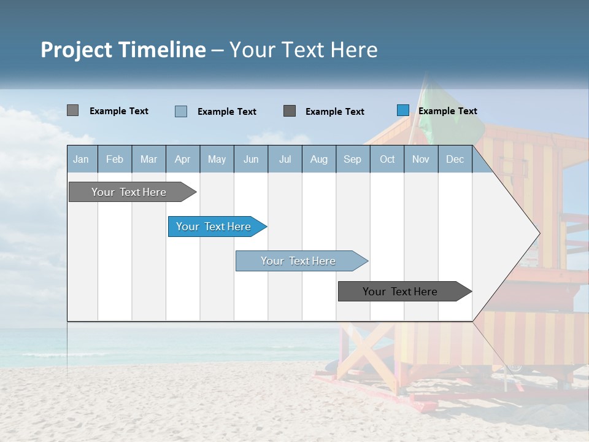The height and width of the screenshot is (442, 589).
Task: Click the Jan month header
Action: [81, 160]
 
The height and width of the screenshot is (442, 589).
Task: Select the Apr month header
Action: [182, 160]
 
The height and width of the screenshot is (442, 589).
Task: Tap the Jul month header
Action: [285, 160]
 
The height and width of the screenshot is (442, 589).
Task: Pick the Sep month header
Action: [352, 160]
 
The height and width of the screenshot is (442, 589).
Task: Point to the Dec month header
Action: [455, 160]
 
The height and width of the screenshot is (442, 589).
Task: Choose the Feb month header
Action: [115, 160]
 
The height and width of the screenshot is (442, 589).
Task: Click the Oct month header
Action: [387, 160]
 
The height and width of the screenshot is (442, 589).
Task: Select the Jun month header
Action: [251, 160]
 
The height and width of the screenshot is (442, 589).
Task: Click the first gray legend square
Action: [72, 110]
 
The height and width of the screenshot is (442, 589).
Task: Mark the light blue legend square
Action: [181, 111]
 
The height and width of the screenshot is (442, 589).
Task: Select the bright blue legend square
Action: [403, 110]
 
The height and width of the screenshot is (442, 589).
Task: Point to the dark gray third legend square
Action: [290, 111]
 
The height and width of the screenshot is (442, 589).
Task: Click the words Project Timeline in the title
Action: [123, 50]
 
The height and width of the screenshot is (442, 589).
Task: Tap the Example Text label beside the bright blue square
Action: [447, 111]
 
